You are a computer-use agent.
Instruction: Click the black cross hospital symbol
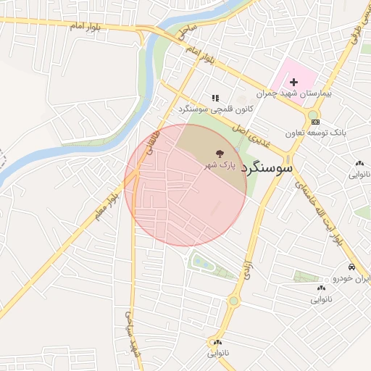tap(293, 83)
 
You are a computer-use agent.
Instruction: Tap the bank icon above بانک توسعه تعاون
tap(314, 122)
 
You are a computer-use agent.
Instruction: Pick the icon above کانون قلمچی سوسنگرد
tap(214, 98)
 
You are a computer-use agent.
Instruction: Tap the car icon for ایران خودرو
tap(351, 267)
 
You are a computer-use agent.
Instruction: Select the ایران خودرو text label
tap(351, 278)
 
